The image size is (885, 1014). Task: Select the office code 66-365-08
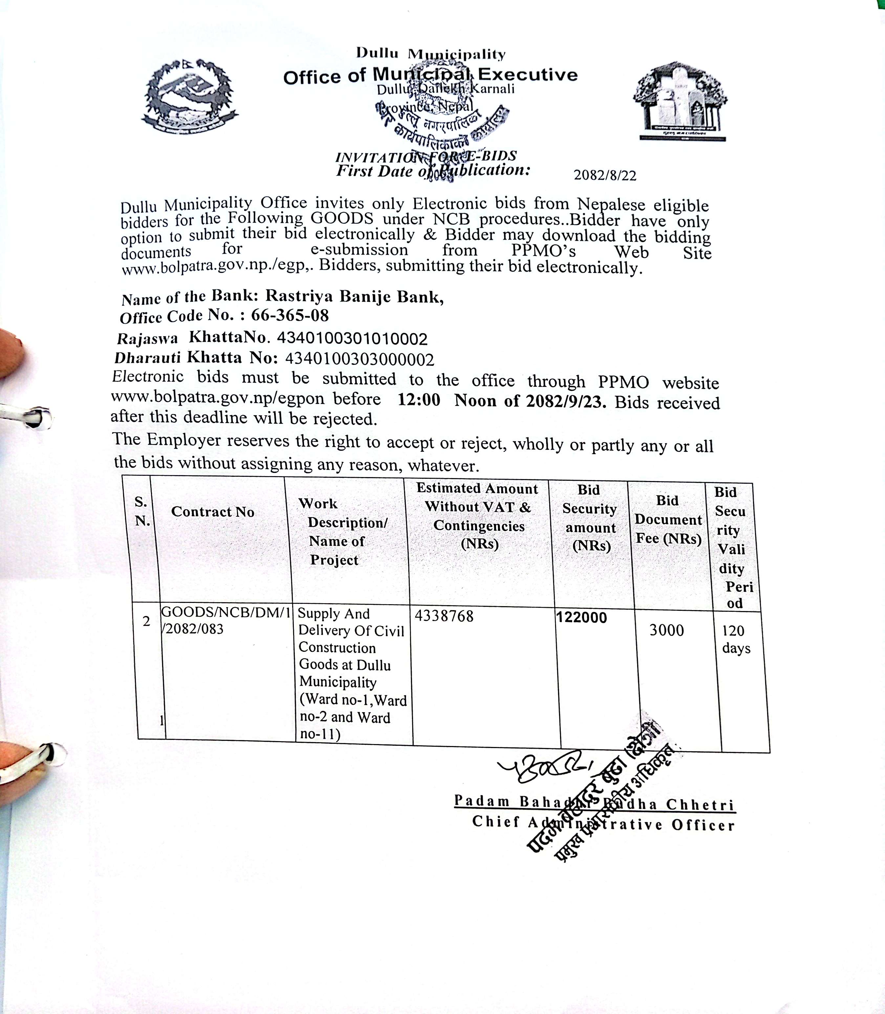290,315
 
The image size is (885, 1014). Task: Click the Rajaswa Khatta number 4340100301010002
352,339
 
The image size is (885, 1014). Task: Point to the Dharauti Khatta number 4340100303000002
359,359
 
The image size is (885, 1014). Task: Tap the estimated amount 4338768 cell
444,616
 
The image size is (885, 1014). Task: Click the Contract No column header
213,512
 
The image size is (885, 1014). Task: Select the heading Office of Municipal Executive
430,76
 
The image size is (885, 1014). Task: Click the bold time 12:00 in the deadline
419,399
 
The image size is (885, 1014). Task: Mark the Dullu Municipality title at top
431,53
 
